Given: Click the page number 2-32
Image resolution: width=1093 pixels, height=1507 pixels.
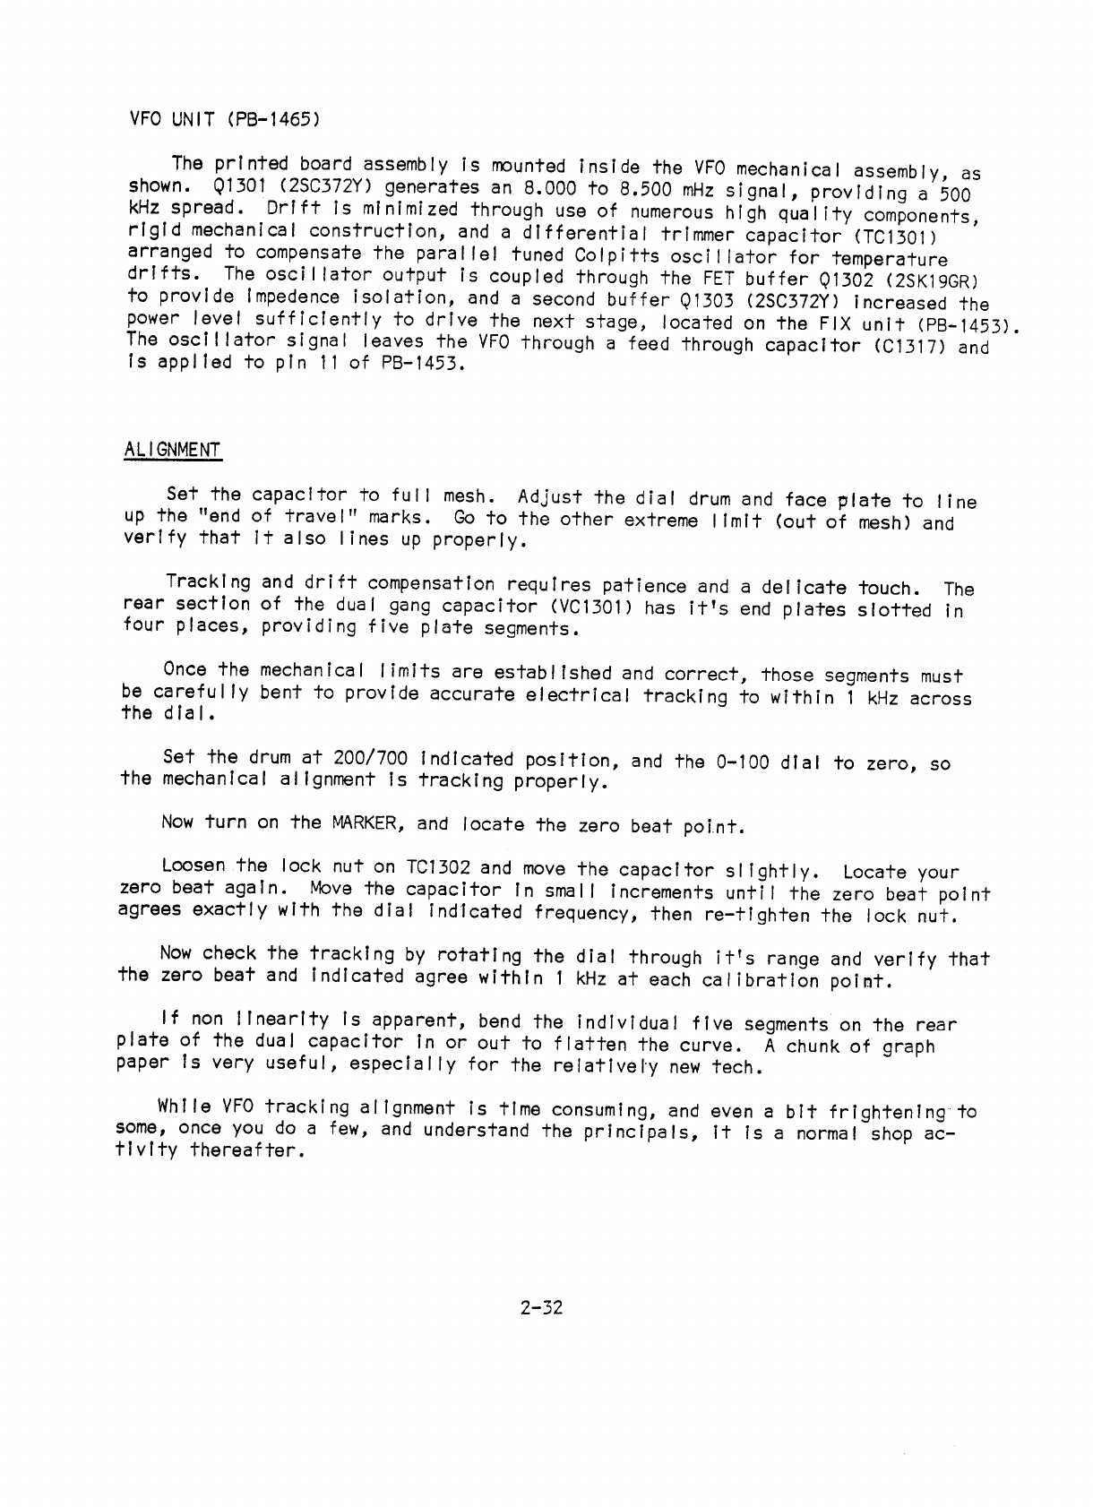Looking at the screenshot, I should pos(539,1308).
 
